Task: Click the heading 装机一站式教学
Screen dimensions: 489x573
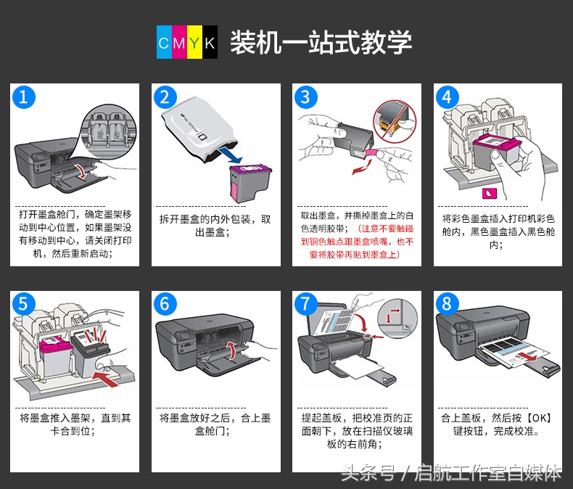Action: (321, 41)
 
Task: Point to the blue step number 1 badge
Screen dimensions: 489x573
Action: (24, 97)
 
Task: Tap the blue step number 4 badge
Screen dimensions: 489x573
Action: (448, 97)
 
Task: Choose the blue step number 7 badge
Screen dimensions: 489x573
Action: (306, 304)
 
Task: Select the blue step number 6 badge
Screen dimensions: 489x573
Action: (165, 304)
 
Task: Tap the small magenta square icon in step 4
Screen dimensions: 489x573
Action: (487, 193)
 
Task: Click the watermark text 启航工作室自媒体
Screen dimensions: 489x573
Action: (488, 473)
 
